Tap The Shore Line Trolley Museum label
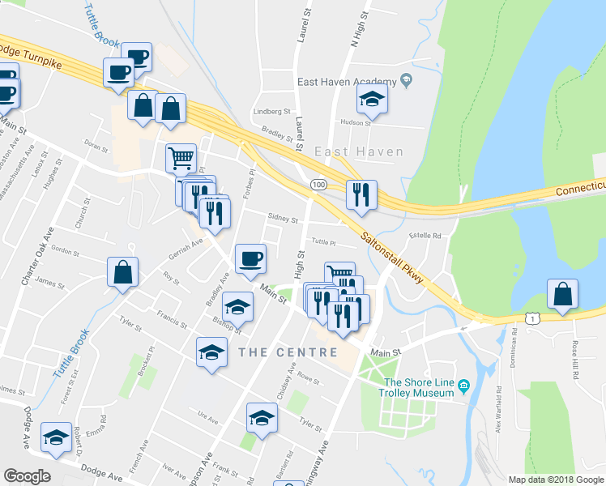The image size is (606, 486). pos(418,388)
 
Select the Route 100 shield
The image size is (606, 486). pos(318,185)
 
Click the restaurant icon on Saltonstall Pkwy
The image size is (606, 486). pos(360,194)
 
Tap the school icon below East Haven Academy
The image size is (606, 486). pos(373,100)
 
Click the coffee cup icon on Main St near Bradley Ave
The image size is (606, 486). pos(250,258)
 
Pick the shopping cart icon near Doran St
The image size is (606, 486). pos(181,157)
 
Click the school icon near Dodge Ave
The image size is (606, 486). pos(56,438)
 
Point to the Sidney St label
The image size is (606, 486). pos(283,220)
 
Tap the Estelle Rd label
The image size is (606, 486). pos(425,237)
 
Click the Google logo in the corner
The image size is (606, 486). pos(27,476)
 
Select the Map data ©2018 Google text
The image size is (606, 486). pos(555,480)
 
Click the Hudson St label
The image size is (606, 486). pos(355,123)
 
